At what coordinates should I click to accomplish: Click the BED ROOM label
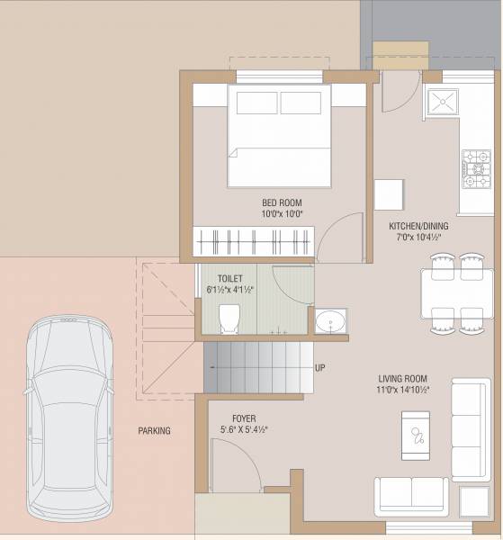[x=282, y=202]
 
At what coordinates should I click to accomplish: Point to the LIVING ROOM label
[x=401, y=379]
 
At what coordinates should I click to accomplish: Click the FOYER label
[x=243, y=418]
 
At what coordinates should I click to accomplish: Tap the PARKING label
[x=154, y=431]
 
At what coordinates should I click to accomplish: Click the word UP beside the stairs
[x=319, y=368]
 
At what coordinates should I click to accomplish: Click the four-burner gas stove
[x=474, y=169]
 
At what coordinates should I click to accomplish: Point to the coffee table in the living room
[x=418, y=435]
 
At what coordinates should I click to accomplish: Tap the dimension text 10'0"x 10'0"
[x=282, y=214]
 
